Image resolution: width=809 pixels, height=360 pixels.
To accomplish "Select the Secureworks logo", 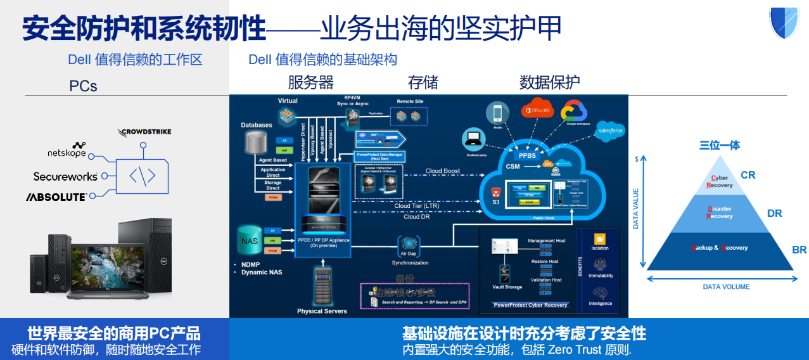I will (x=65, y=176).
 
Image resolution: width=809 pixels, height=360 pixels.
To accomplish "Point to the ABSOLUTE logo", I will (x=56, y=197).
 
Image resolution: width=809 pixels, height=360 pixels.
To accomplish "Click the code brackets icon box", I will (x=143, y=176).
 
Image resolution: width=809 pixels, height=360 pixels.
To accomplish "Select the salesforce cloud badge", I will (x=610, y=131).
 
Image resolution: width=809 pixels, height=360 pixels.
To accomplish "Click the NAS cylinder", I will (x=250, y=241).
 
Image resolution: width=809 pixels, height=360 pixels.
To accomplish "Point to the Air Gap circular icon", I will (x=410, y=246).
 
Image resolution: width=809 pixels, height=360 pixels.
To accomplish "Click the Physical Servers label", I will (x=322, y=311).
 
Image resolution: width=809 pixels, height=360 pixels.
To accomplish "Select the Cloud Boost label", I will (x=442, y=171).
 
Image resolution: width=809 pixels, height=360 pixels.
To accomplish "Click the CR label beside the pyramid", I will (x=748, y=175).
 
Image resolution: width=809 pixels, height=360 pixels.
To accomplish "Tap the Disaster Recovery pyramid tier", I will (x=720, y=212).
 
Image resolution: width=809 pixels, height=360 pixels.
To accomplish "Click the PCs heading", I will (x=83, y=86).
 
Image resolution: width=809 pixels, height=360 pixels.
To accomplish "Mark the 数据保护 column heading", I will (x=549, y=82).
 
